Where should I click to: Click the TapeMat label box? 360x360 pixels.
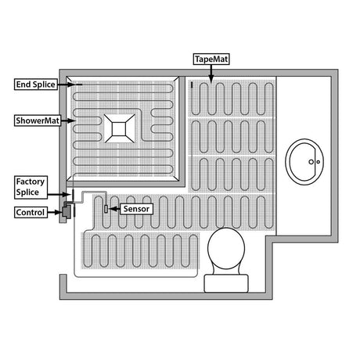(211, 59)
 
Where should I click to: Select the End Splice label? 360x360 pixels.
(36, 85)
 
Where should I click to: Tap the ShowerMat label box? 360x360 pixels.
(38, 121)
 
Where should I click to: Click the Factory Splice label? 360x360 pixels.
(31, 187)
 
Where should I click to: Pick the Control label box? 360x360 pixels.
(31, 212)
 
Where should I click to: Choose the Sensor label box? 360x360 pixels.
(136, 209)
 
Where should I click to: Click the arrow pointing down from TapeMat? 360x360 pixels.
(211, 74)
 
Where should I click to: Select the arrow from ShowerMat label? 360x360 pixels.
(68, 121)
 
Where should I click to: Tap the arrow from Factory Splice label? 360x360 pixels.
(59, 194)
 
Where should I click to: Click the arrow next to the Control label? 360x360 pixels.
(55, 212)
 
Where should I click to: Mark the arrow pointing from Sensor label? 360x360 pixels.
(114, 209)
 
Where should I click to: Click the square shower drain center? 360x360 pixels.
(119, 128)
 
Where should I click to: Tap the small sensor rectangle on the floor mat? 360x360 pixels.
(106, 209)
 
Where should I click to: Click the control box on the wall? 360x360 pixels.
(67, 211)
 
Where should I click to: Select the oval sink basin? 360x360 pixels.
(304, 162)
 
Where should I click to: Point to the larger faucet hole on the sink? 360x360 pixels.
(311, 162)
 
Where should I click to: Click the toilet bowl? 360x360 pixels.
(226, 249)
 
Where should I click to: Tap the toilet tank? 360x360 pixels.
(226, 283)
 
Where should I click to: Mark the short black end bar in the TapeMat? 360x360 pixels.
(192, 85)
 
